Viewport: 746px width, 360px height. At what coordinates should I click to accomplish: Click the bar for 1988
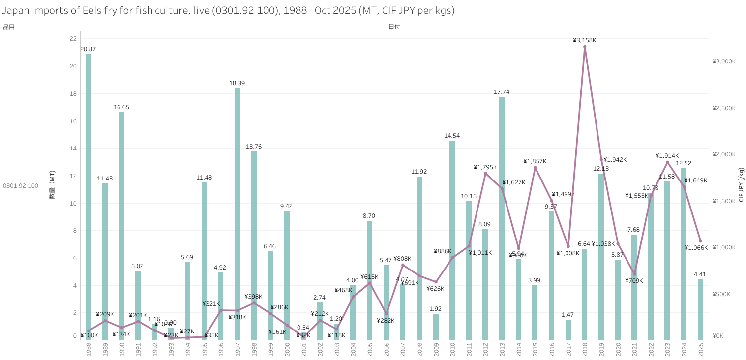pos(88,197)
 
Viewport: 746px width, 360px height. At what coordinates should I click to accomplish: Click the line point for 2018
pos(585,47)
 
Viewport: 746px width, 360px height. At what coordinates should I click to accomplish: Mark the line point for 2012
pos(485,174)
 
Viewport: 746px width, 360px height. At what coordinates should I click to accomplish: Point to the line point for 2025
pos(701,241)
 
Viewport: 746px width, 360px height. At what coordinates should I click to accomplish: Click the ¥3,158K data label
pos(584,40)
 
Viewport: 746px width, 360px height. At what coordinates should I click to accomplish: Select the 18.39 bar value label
pos(237,83)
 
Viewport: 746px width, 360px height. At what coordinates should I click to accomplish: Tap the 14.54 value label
pos(452,136)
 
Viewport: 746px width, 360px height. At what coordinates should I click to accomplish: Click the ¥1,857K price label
pos(535,161)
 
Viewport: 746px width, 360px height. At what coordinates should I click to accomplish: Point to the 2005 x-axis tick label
pos(369,350)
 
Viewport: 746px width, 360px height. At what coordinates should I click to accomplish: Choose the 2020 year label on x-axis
pos(618,350)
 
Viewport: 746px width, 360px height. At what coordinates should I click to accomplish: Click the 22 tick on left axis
pos(73,39)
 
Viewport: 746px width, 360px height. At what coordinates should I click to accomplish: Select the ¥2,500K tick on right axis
pos(724,108)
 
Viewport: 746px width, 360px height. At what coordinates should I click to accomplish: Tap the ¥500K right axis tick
pos(722,294)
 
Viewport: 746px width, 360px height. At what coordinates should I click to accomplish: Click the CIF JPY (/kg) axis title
pos(741,184)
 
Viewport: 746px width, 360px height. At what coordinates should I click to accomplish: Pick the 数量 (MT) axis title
pos(52,185)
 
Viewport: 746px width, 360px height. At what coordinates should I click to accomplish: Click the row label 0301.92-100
pos(21,185)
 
